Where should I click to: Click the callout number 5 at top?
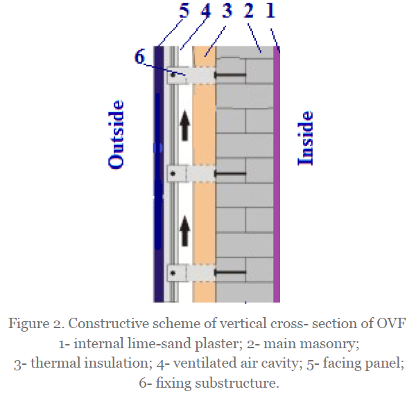pos(184,10)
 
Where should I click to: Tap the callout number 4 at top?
pos(206,10)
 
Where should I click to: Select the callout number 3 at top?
pos(227,10)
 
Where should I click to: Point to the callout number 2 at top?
pos(248,10)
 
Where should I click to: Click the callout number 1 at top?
pos(270,10)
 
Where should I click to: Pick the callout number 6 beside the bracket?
pos(139,57)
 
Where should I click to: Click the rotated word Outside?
pos(116,135)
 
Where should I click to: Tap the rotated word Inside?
pos(306,138)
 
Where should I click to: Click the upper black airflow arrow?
pos(185,126)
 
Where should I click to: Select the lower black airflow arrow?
pos(185,231)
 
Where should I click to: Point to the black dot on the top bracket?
pos(173,75)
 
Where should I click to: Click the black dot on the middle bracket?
pos(173,174)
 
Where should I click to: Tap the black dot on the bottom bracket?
pos(173,273)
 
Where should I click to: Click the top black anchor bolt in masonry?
pos(230,75)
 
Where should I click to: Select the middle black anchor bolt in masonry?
pos(230,173)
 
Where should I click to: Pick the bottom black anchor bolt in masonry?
pos(230,272)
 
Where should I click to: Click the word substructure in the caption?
pos(237,383)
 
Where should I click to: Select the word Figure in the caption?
pos(29,324)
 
